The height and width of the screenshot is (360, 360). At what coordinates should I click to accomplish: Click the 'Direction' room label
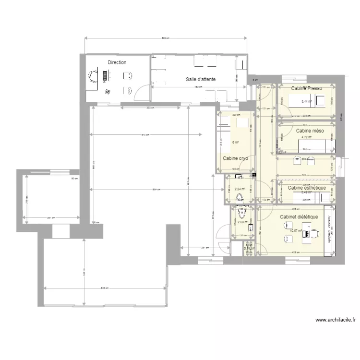[117, 62]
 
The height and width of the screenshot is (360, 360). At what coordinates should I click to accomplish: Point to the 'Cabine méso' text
[310, 131]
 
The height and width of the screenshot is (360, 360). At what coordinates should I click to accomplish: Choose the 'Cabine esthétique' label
[306, 188]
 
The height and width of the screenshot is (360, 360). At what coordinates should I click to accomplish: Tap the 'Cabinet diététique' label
[299, 217]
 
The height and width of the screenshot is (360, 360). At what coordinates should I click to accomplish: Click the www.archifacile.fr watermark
[336, 320]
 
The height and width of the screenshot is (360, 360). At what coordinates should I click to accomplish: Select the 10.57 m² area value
[296, 231]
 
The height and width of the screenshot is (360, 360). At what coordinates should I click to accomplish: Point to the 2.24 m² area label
[240, 189]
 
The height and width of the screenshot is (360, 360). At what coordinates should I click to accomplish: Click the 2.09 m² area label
[242, 222]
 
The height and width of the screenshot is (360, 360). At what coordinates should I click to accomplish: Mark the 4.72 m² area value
[307, 137]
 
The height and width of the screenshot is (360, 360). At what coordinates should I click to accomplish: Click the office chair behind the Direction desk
[93, 75]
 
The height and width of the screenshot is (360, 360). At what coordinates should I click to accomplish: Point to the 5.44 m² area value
[306, 102]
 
